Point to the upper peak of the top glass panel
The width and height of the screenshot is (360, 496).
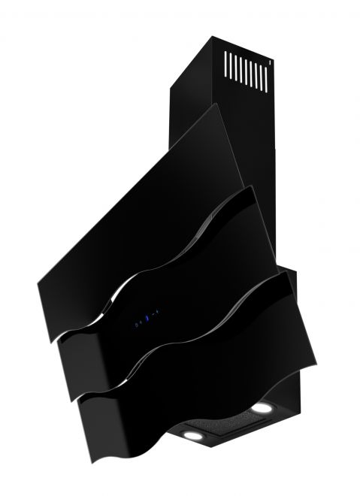click(x=219, y=104)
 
